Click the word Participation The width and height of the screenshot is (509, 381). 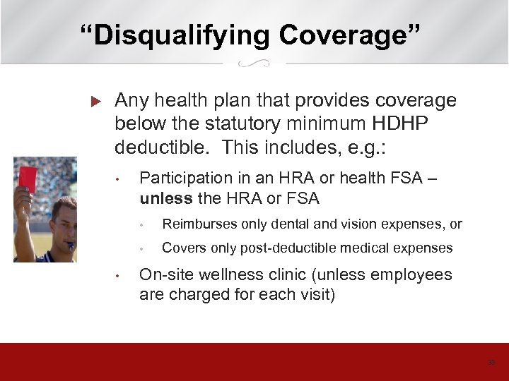(x=186, y=179)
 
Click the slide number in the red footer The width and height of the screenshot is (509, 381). (x=491, y=363)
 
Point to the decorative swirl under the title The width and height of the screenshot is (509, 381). (x=254, y=65)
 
